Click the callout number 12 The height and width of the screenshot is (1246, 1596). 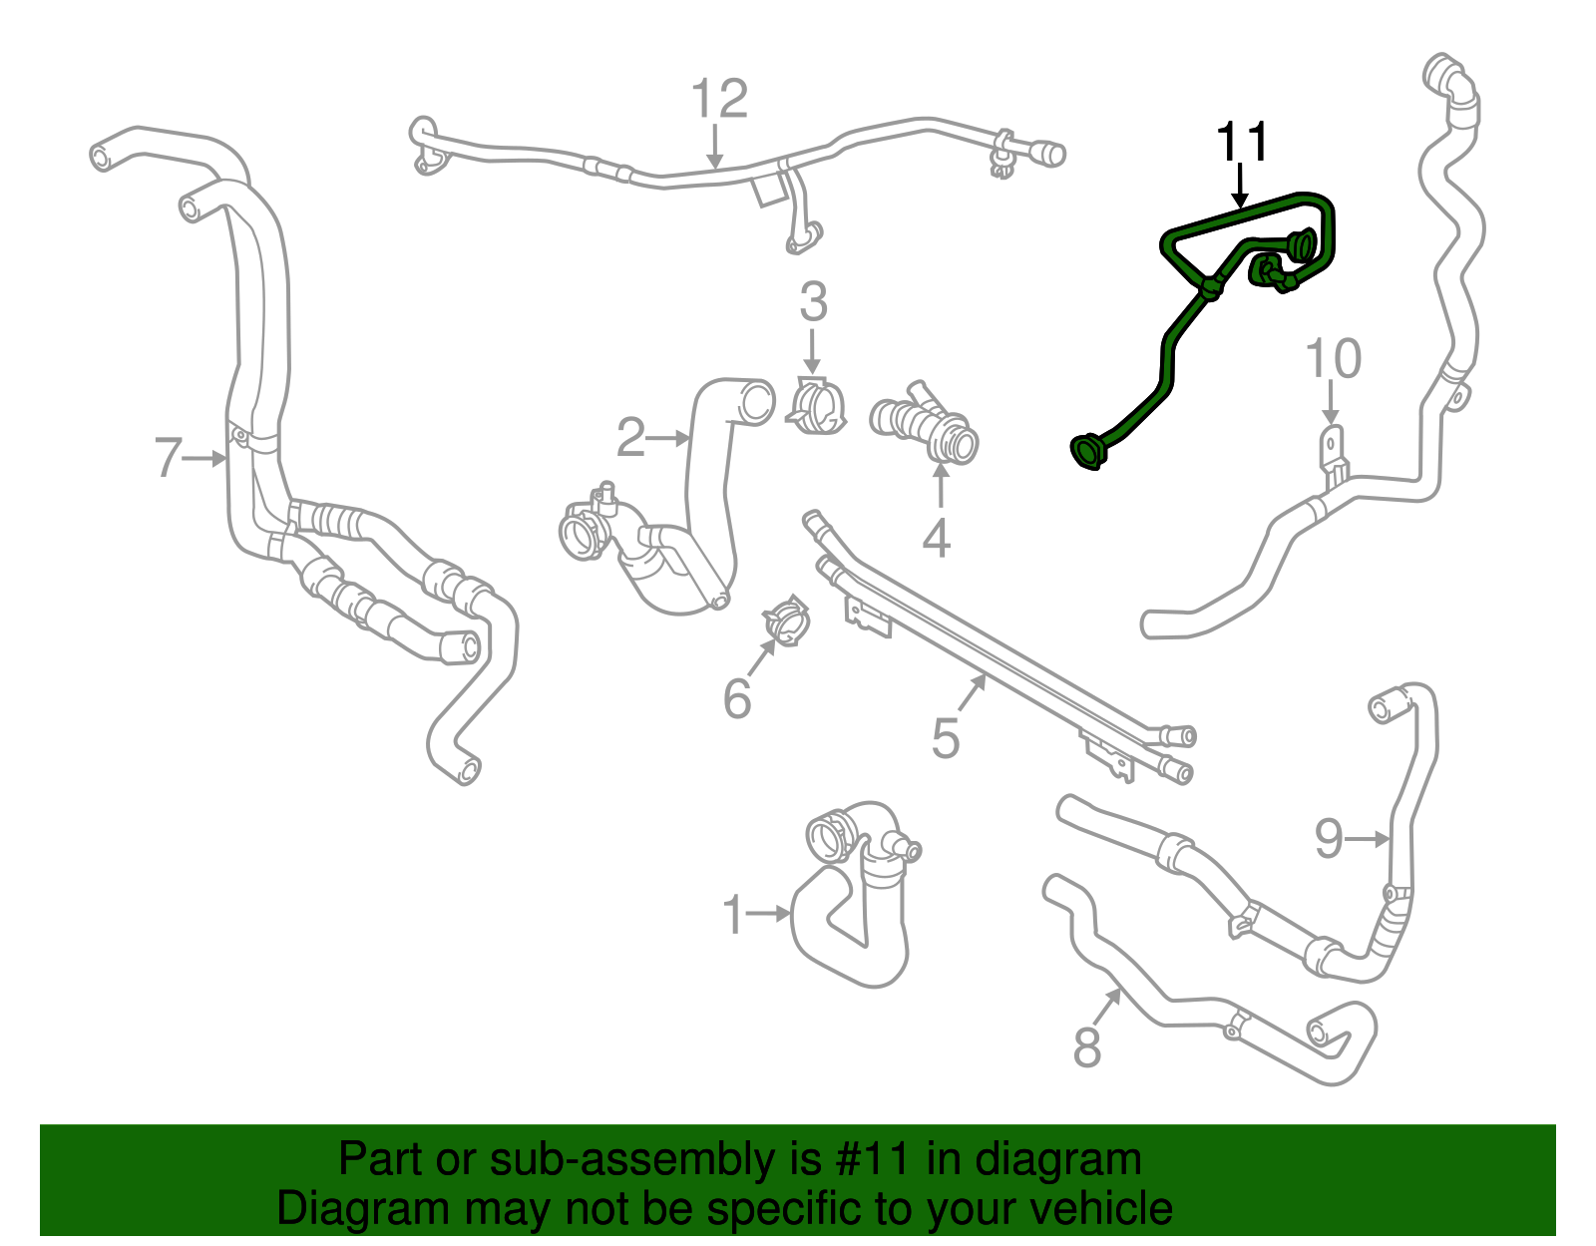(719, 100)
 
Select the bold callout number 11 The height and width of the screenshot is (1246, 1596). (1242, 143)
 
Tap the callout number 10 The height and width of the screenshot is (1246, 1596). (1333, 359)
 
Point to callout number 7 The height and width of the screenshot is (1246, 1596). (169, 459)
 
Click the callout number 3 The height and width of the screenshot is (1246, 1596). (813, 301)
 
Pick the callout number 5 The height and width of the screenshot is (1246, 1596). (945, 739)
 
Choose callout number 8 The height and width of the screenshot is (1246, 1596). (1086, 1048)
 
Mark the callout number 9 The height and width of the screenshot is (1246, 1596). (1329, 838)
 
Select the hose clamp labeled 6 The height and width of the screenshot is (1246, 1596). (787, 621)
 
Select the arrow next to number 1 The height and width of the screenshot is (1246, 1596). (769, 912)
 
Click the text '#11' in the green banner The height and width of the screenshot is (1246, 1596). (867, 1160)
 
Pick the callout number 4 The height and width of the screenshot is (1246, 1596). (936, 540)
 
